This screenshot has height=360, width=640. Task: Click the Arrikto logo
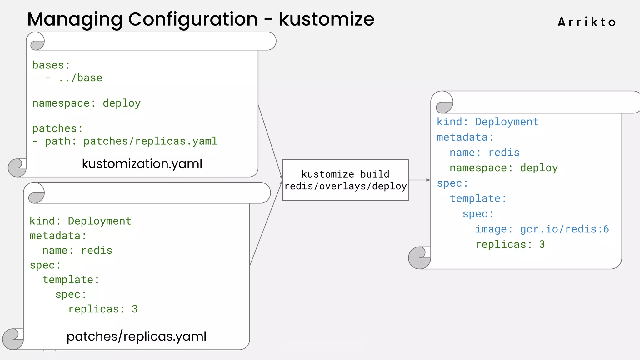[x=587, y=22]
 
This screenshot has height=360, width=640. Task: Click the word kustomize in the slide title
[x=327, y=19]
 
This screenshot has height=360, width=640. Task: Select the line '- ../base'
[x=74, y=78]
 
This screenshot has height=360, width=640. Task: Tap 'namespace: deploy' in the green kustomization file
[x=87, y=103]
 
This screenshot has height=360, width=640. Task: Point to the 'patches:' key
[x=57, y=128]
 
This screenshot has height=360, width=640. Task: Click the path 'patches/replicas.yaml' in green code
[x=150, y=141]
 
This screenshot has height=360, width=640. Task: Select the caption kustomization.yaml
[x=142, y=164]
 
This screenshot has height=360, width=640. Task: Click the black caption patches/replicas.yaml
[x=137, y=337]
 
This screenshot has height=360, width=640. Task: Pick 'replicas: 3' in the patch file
[x=103, y=309]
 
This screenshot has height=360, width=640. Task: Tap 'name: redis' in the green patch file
[x=77, y=250]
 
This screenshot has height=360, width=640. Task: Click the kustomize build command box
[x=345, y=180]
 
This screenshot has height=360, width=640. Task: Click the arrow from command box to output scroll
[x=419, y=180]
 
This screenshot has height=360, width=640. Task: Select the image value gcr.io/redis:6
[x=564, y=229]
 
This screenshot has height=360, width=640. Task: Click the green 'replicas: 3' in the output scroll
[x=510, y=244]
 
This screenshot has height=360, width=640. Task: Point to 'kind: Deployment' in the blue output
[x=487, y=122]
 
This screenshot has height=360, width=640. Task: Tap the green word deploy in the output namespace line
[x=539, y=168]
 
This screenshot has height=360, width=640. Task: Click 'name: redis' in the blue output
[x=484, y=152]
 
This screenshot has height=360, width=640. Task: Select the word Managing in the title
[x=75, y=19]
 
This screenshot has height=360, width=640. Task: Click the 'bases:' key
[x=51, y=65]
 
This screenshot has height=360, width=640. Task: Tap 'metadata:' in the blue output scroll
[x=465, y=137]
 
